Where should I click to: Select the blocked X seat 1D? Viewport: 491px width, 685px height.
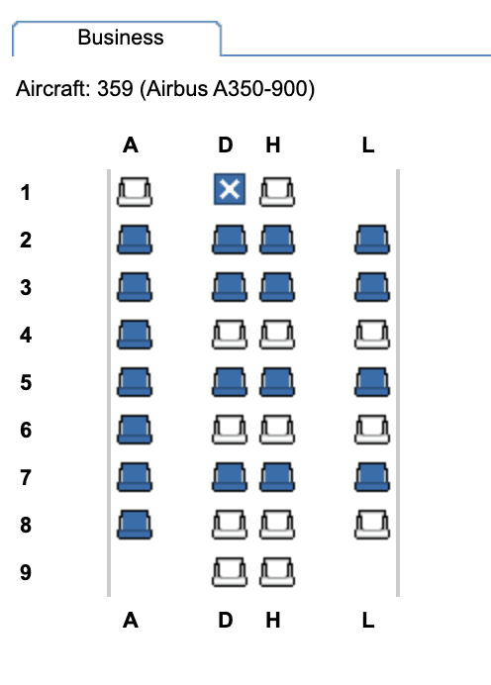pos(230,189)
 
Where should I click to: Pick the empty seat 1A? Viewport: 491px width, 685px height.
pos(135,192)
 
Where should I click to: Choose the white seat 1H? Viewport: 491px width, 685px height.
pos(277,192)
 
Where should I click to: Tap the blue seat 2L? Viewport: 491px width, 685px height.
pos(372,240)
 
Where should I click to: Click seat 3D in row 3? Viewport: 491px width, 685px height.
pos(230,287)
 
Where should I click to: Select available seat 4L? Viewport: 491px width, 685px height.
pos(372,335)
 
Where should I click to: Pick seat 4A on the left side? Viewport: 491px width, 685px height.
pos(135,335)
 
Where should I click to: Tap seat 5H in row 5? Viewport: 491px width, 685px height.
pos(277,382)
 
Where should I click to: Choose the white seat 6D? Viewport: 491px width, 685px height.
pos(230,430)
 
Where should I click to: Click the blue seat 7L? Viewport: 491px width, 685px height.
pos(372,477)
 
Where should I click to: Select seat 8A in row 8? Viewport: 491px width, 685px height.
pos(135,525)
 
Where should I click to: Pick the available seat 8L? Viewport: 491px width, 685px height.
pos(372,525)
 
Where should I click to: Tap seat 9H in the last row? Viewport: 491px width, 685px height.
pos(277,572)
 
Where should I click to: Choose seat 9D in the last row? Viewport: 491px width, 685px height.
pos(230,572)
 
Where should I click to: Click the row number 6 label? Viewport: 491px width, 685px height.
pos(26,430)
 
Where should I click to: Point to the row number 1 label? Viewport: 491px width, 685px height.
pos(26,193)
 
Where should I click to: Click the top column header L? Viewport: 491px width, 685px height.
pos(368,146)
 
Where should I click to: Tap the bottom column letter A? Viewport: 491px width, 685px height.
pos(131,620)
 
